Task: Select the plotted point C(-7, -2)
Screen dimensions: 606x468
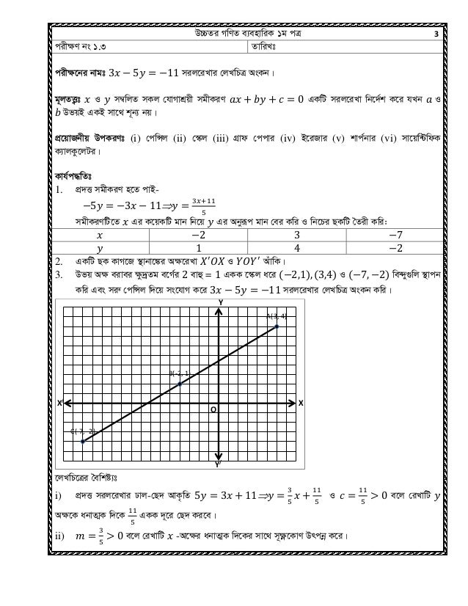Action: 83,442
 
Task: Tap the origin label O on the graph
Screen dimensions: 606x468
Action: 213,410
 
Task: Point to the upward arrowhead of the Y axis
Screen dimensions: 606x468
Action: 219,311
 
